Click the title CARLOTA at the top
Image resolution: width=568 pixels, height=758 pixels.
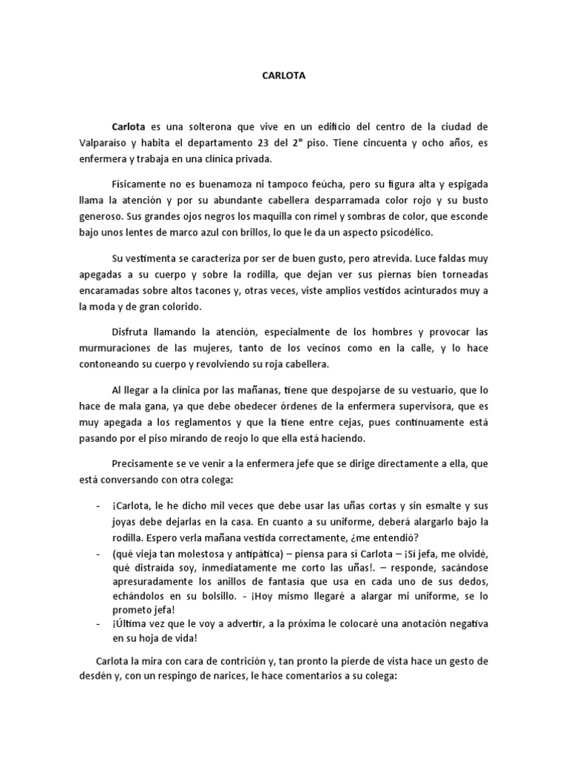(x=284, y=75)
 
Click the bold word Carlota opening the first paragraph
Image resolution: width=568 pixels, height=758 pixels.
(x=129, y=127)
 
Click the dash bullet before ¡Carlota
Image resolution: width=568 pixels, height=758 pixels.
(x=99, y=506)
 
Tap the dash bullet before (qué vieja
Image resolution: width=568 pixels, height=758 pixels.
(x=99, y=555)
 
